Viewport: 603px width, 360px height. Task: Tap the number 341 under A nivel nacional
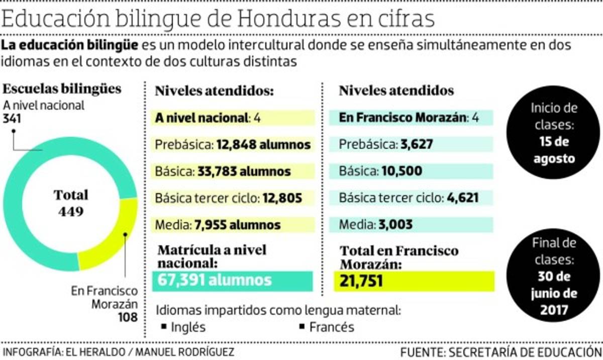tap(12, 119)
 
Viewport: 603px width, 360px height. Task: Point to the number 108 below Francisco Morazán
tap(128, 317)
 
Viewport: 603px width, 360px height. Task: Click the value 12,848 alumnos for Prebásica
tap(263, 145)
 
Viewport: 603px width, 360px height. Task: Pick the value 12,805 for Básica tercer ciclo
tap(281, 198)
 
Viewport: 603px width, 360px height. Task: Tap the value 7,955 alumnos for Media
tap(237, 224)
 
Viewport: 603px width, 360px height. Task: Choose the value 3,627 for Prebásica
tap(417, 145)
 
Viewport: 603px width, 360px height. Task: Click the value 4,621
tap(462, 198)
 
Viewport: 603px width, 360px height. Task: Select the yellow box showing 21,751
tap(414, 281)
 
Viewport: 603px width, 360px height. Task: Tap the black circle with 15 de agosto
tap(554, 133)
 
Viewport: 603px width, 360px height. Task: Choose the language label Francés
tap(332, 327)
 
